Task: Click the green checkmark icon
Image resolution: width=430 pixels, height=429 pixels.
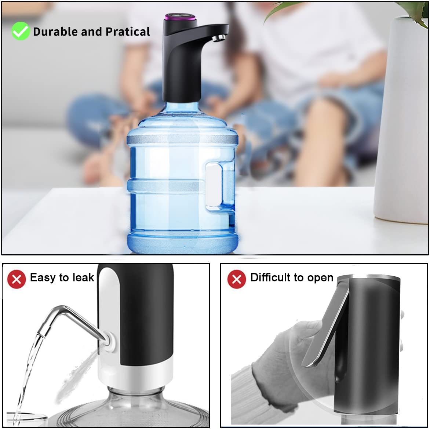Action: [20, 31]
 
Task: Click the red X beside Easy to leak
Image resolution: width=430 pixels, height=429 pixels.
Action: [17, 279]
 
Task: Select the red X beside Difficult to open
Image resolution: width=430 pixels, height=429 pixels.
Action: [237, 279]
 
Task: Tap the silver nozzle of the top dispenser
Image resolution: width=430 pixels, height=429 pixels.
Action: [220, 37]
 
